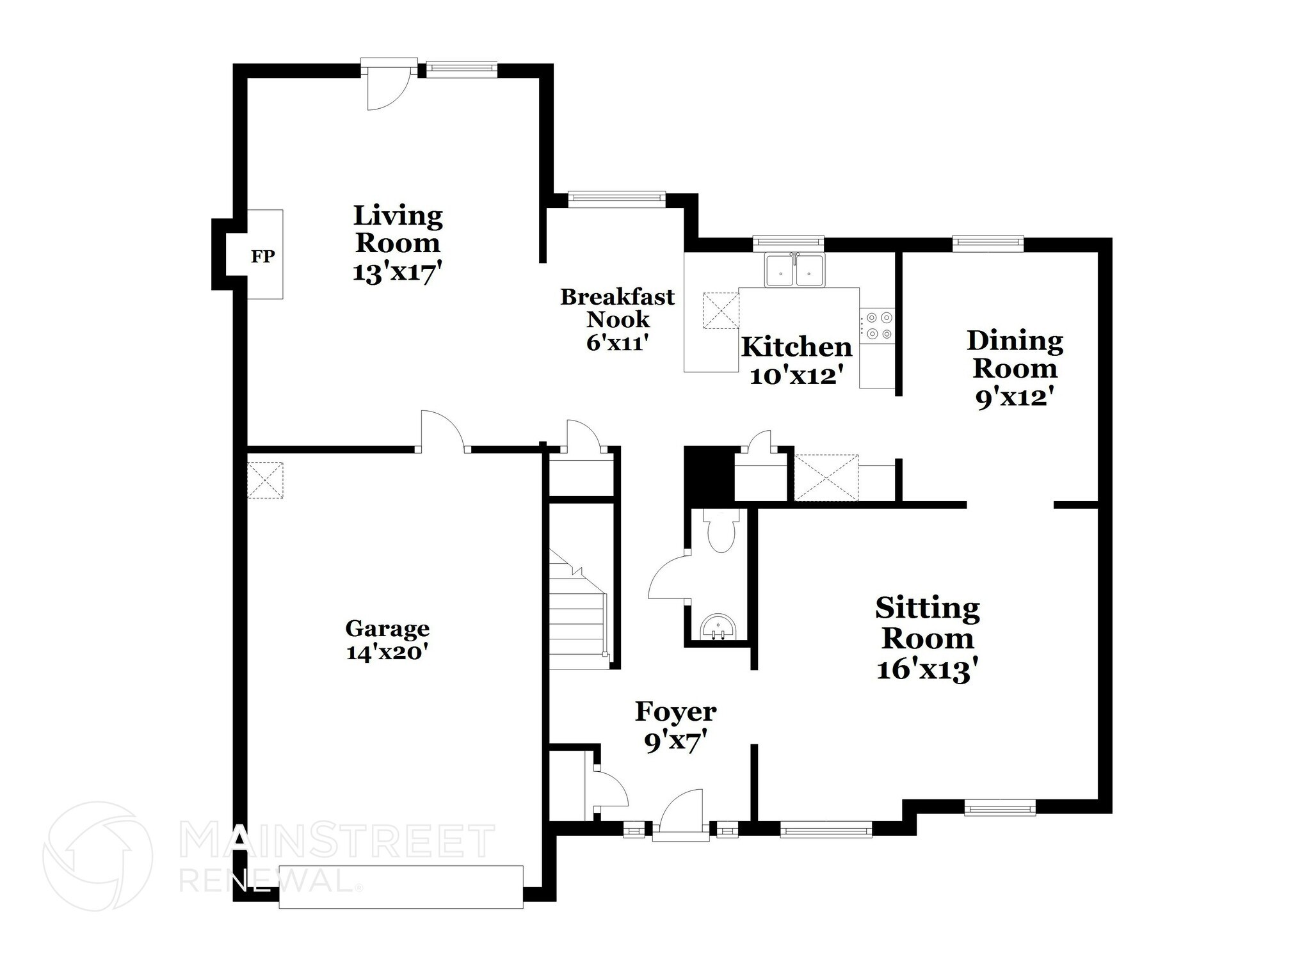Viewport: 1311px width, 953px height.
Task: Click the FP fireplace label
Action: [x=262, y=257]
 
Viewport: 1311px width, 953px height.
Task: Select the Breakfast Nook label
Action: [x=618, y=308]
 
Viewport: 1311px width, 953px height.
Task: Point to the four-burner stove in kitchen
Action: [x=877, y=325]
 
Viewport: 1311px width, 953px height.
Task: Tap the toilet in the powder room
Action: [x=721, y=531]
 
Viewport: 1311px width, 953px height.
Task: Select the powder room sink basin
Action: [x=720, y=627]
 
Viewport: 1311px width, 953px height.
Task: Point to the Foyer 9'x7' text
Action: [x=675, y=743]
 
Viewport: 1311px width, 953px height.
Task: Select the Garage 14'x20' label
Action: [x=387, y=640]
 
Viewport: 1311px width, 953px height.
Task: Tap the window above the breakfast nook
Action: [x=617, y=199]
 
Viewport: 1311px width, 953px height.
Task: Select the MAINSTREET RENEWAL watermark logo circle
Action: [x=97, y=856]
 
